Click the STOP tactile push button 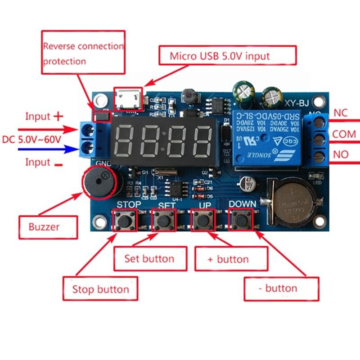pyautogui.click(x=123, y=220)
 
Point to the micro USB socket pyautogui.click(x=129, y=99)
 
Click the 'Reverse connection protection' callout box pyautogui.click(x=83, y=52)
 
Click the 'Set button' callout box pyautogui.click(x=149, y=259)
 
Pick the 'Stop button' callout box pyautogui.click(x=100, y=289)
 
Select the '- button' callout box pyautogui.click(x=281, y=288)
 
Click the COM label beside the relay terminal pyautogui.click(x=344, y=134)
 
